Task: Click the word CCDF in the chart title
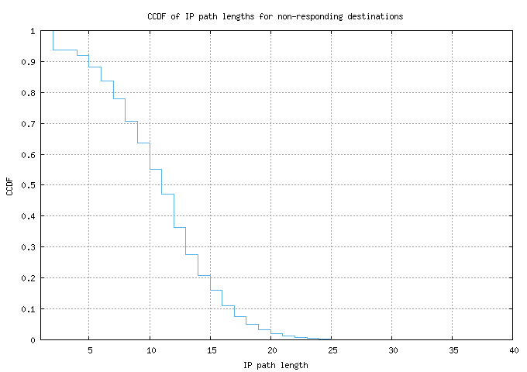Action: click(157, 16)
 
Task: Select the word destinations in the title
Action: click(375, 16)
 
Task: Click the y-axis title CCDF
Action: click(9, 187)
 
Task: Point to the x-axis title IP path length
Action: click(276, 365)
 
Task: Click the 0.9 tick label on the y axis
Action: click(28, 62)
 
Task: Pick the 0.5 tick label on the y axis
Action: click(28, 185)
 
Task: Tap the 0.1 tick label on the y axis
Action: click(28, 308)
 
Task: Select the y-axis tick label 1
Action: click(33, 31)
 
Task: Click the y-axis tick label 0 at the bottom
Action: click(33, 340)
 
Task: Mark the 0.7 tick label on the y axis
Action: click(28, 124)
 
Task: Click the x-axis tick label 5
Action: click(90, 350)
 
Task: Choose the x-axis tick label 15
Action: click(212, 350)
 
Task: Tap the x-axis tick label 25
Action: click(332, 350)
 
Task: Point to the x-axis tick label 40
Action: click(514, 350)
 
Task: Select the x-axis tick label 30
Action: click(393, 350)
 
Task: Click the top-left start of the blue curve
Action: click(53, 31)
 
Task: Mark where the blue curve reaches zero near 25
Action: click(331, 339)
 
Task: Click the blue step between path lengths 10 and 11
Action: click(156, 170)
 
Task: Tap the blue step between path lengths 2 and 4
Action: click(65, 50)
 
